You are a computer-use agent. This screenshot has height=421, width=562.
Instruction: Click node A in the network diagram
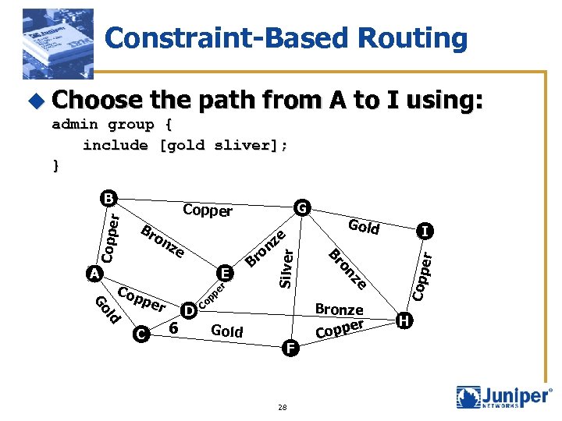coord(94,274)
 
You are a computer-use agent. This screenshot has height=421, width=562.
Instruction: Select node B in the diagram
coord(108,198)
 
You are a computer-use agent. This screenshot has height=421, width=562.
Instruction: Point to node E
coord(225,273)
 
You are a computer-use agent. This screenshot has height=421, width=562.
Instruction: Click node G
coord(301,207)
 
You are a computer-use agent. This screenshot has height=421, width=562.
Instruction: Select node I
coord(424,231)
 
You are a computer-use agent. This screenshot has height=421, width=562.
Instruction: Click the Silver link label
coord(286,266)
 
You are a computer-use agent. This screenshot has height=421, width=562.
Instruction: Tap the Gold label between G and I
coord(364,227)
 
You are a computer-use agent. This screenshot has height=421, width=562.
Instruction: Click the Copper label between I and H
coord(421,274)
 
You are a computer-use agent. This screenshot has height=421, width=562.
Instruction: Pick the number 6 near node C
coord(174,329)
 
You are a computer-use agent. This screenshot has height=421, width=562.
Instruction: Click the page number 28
coord(283,407)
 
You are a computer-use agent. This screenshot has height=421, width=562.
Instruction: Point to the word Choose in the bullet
coord(97,100)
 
